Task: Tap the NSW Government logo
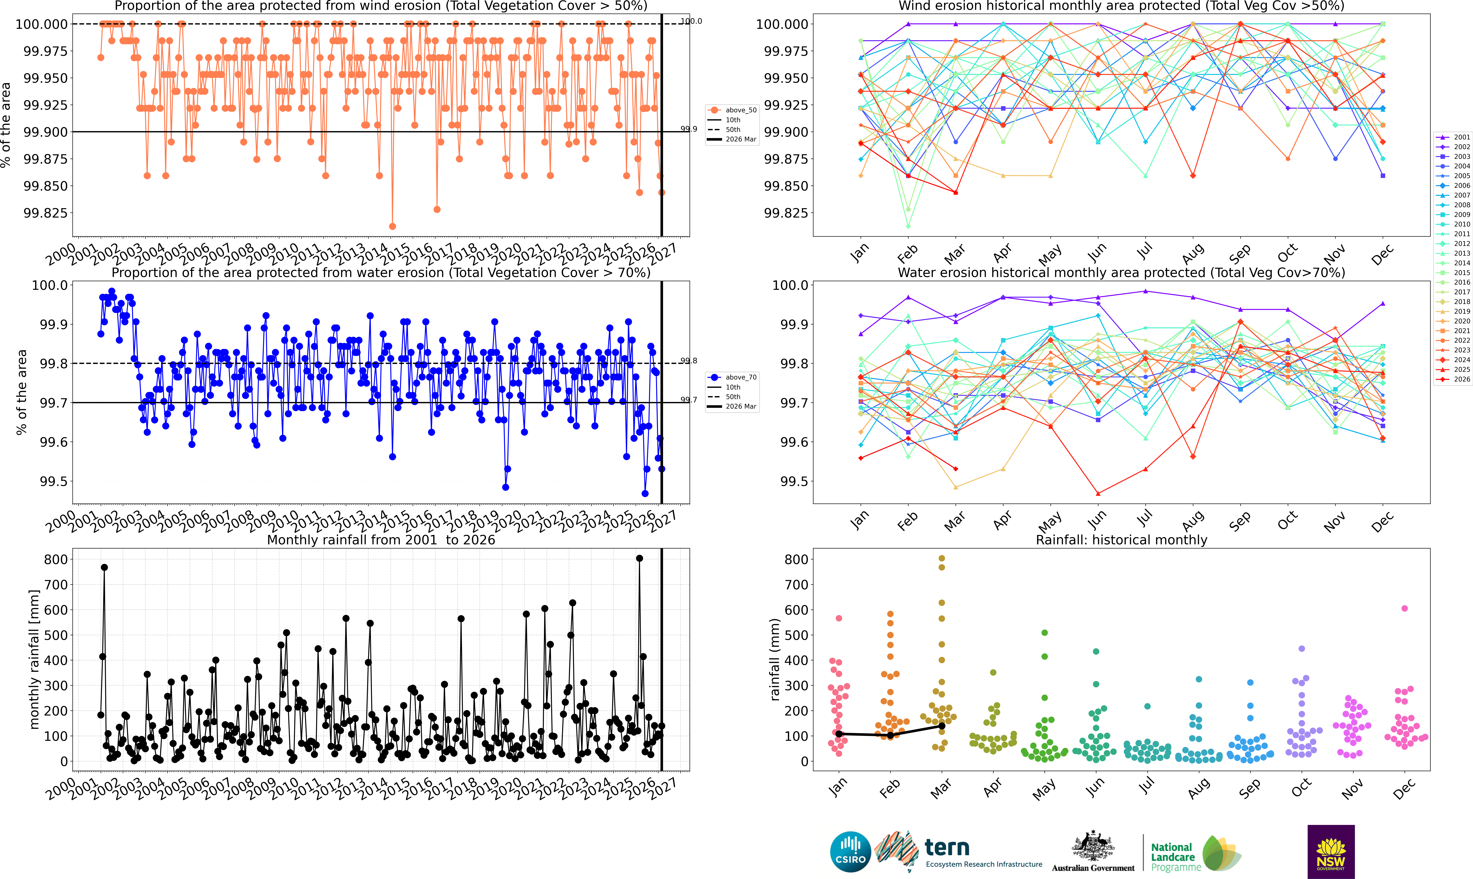tap(1331, 852)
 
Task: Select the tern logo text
tap(947, 848)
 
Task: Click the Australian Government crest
tap(1093, 846)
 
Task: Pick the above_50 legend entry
tap(732, 110)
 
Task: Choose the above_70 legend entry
tap(732, 377)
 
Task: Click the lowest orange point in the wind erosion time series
tap(392, 226)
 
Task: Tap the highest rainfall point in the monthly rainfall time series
tap(639, 558)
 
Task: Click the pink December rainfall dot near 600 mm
tap(1404, 608)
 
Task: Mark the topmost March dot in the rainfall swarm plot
tap(942, 558)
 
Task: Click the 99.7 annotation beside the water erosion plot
tap(688, 400)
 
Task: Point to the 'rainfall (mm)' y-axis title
tap(775, 659)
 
